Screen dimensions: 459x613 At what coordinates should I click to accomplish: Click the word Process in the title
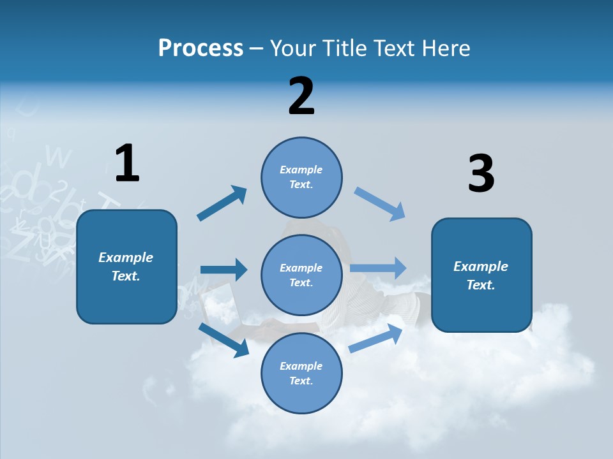pyautogui.click(x=201, y=48)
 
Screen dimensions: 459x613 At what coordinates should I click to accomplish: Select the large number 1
pyautogui.click(x=127, y=164)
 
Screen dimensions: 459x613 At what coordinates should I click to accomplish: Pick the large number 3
pyautogui.click(x=481, y=174)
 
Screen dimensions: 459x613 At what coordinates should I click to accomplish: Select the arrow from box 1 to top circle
pyautogui.click(x=222, y=203)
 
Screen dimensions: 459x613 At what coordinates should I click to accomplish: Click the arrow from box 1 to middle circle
pyautogui.click(x=223, y=270)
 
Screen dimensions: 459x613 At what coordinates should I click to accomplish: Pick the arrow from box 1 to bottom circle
pyautogui.click(x=223, y=339)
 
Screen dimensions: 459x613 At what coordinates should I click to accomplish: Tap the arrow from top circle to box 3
pyautogui.click(x=380, y=204)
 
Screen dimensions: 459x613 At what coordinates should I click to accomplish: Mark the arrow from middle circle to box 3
pyautogui.click(x=378, y=268)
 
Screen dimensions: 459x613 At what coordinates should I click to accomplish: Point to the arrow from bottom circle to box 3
pyautogui.click(x=375, y=339)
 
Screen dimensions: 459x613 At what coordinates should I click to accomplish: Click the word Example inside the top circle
pyautogui.click(x=301, y=170)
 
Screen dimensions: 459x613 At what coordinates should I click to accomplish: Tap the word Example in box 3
pyautogui.click(x=481, y=266)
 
